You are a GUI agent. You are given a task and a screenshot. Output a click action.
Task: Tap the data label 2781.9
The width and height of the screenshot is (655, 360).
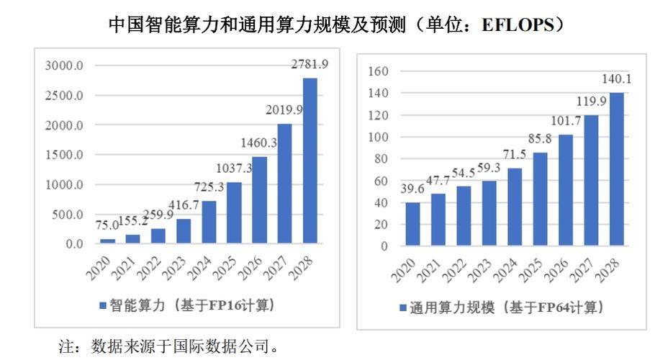(x=310, y=65)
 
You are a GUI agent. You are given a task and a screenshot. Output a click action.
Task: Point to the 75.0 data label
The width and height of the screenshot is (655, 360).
(x=107, y=225)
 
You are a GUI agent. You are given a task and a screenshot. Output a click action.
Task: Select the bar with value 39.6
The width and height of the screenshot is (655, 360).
(x=413, y=224)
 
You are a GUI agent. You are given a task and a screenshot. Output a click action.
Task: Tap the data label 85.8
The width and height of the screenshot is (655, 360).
(x=540, y=138)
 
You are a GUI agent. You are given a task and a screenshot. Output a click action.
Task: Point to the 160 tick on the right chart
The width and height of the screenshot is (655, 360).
(x=379, y=71)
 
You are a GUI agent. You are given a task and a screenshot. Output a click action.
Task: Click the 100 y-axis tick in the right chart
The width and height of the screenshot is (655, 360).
(x=379, y=137)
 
